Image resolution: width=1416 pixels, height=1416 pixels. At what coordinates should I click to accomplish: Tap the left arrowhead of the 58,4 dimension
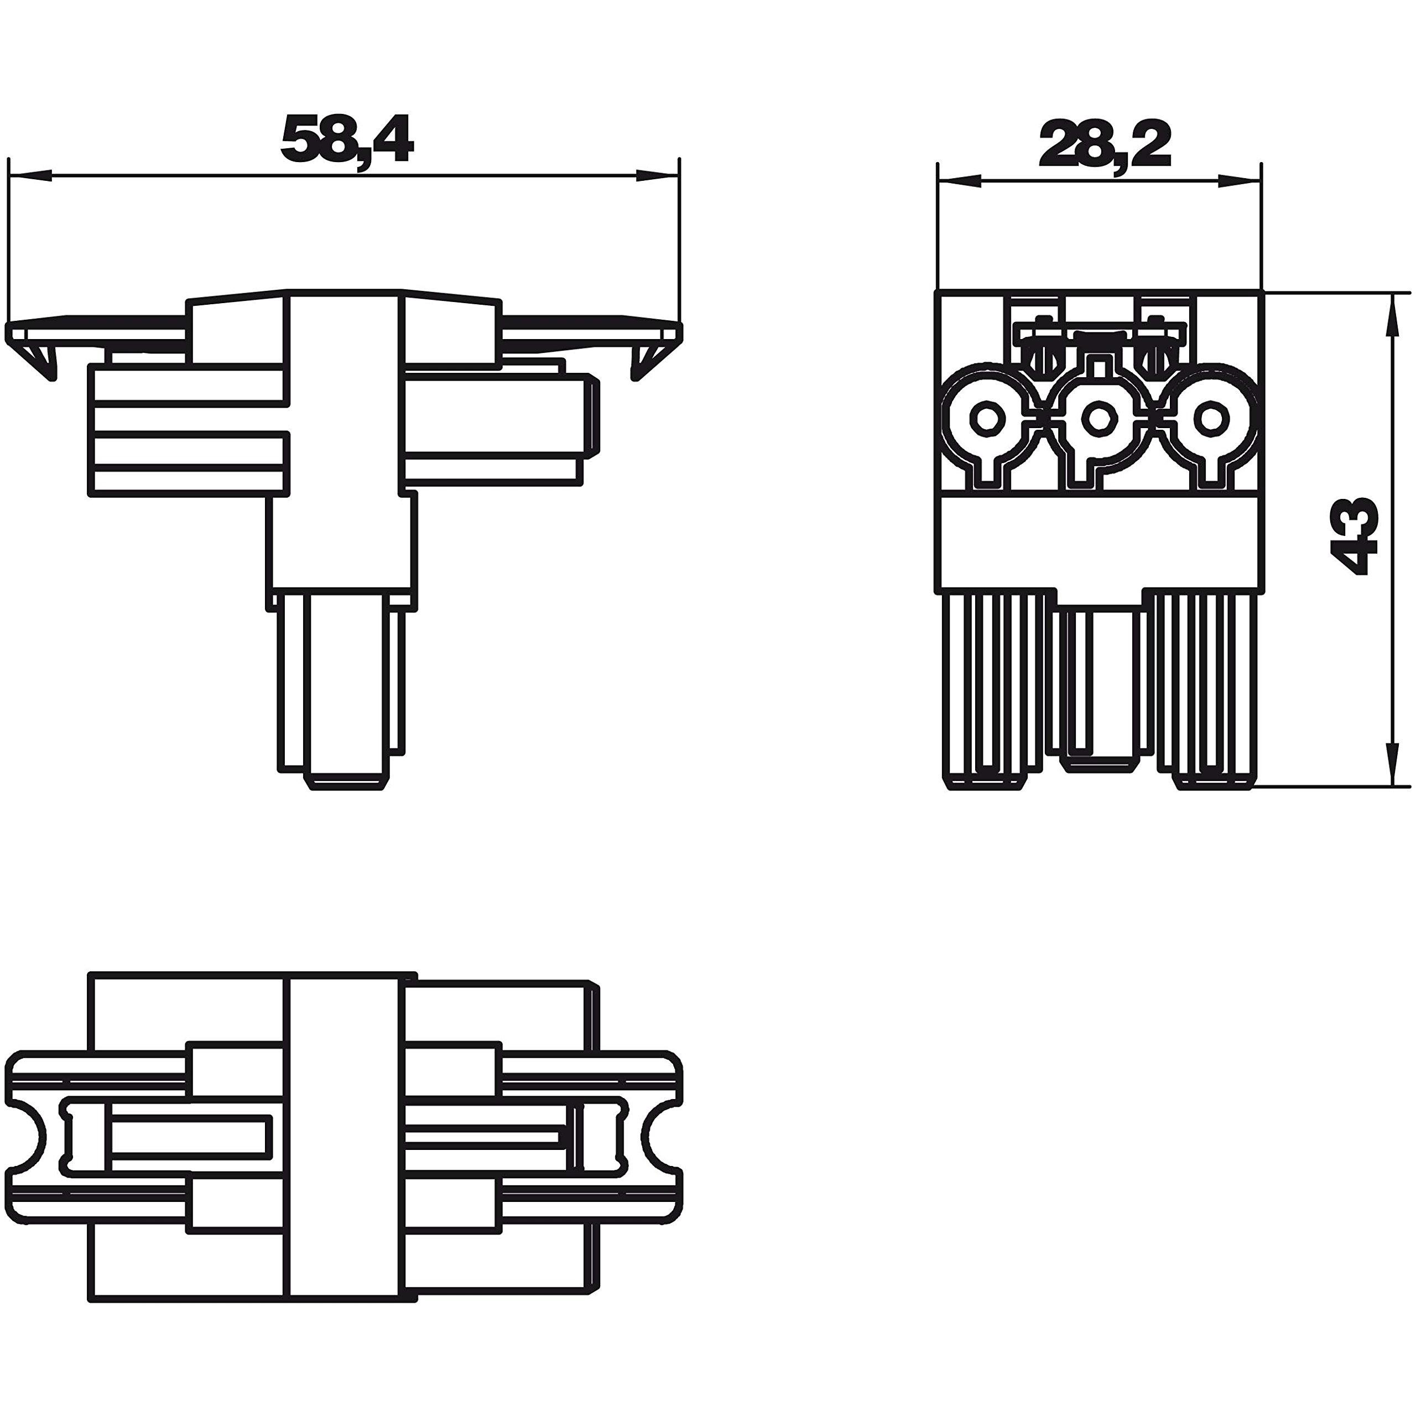point(30,176)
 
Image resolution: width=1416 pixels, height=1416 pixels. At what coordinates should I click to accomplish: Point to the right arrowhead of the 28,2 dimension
point(1240,182)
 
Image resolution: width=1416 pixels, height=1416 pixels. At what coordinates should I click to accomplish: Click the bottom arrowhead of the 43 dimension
point(1391,764)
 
